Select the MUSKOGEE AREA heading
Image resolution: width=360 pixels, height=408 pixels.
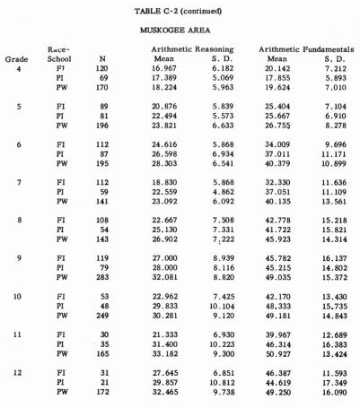pos(180,27)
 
